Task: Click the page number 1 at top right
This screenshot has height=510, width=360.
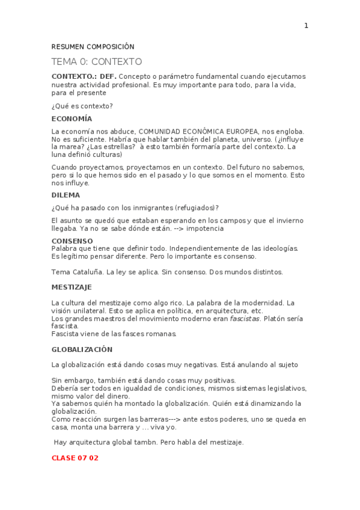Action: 306,25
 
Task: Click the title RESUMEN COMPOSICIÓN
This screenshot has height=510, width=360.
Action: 93,47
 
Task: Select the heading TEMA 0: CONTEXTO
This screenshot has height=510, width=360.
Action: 96,61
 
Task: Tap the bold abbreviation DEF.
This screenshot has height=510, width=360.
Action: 108,76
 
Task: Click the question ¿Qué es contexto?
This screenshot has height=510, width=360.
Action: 82,106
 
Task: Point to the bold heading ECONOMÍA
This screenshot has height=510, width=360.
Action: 72,118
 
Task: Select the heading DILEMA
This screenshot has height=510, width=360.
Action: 66,195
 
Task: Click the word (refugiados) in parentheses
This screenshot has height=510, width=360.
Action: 195,207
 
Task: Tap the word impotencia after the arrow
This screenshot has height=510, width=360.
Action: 204,229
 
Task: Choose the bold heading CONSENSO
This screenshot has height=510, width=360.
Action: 72,241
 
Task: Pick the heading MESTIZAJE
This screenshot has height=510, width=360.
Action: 72,287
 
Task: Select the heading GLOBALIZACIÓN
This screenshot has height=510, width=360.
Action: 82,349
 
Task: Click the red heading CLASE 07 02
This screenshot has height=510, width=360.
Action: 75,458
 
